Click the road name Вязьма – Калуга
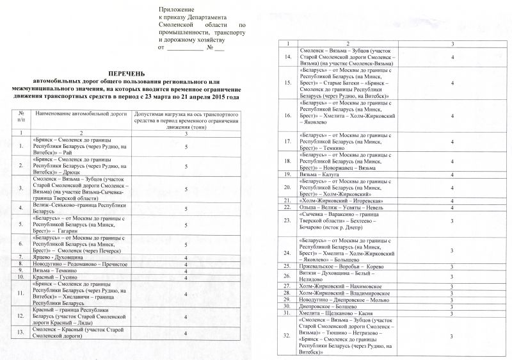(x=319, y=174)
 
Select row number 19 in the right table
(x=287, y=174)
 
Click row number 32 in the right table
(x=287, y=336)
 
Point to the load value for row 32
(x=452, y=336)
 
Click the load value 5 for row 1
(x=185, y=146)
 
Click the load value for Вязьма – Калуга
(x=452, y=174)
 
